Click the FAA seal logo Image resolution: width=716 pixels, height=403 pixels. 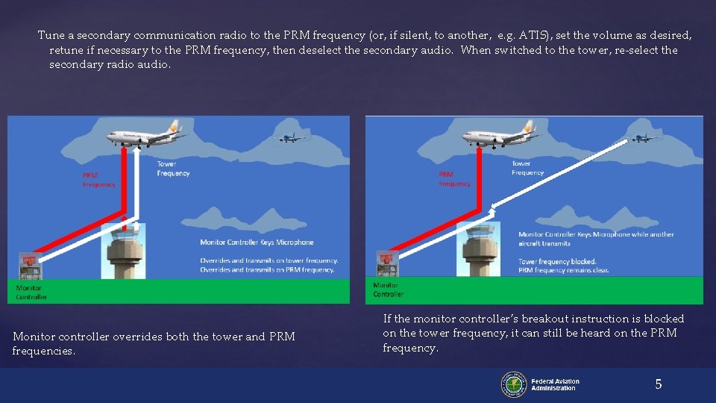(513, 384)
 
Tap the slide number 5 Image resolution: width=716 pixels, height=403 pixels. (658, 384)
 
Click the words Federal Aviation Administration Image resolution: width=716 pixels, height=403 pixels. (555, 384)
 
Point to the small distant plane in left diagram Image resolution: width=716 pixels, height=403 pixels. (292, 137)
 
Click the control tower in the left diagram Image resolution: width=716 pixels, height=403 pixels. (123, 250)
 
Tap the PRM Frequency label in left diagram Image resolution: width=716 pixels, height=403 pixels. (99, 180)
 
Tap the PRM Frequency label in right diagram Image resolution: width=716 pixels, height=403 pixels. (455, 179)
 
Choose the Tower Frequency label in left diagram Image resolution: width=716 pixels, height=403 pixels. (173, 169)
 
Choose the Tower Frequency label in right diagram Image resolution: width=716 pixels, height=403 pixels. (527, 168)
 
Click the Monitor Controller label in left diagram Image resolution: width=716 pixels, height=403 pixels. (31, 292)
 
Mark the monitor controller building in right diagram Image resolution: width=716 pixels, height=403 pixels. (386, 264)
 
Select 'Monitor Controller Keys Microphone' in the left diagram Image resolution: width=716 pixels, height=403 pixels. (257, 243)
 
